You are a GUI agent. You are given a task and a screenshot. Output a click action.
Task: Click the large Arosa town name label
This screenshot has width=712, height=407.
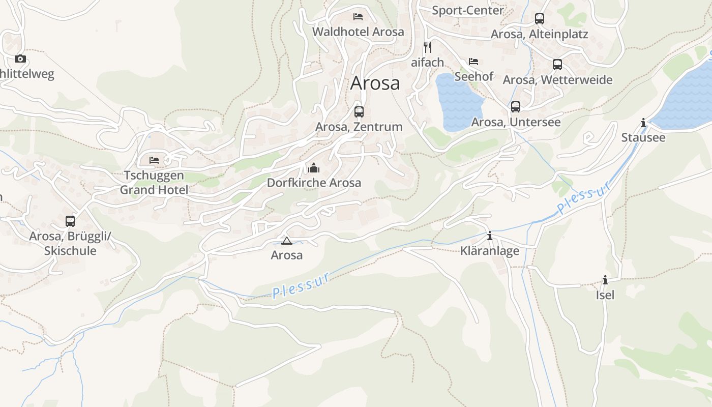pos(375,83)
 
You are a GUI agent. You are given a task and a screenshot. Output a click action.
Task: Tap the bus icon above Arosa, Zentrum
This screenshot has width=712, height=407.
pos(359,111)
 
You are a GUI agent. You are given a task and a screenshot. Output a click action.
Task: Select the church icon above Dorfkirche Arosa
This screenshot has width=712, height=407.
pos(314,167)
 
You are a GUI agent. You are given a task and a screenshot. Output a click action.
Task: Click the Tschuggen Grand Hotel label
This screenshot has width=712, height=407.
pos(154,183)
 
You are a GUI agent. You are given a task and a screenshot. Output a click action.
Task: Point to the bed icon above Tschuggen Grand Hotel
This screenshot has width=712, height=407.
pos(154,160)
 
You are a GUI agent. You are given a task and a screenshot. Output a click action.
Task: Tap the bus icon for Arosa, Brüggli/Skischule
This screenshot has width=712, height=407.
pos(70,221)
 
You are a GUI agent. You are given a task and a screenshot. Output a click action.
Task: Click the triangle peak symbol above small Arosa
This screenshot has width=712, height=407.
pos(287,241)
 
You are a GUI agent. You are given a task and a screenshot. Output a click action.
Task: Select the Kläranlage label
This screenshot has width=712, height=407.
pos(490,251)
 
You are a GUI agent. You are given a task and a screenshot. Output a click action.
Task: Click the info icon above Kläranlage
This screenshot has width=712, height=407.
pos(490,236)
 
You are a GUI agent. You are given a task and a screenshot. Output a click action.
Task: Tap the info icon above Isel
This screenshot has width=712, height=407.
pos(605,280)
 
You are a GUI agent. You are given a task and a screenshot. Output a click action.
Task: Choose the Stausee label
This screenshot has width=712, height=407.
pos(643,138)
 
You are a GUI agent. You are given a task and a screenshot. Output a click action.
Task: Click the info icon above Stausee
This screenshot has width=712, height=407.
pos(643,123)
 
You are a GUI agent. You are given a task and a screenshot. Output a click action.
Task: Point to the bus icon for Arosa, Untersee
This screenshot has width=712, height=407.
pos(516,107)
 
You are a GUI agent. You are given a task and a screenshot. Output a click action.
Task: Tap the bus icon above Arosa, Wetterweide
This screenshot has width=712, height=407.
pos(557,65)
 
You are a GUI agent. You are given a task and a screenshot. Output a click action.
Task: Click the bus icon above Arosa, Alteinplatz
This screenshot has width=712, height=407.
pos(540,19)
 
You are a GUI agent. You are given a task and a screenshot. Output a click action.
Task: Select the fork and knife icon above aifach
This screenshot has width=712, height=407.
pos(428,47)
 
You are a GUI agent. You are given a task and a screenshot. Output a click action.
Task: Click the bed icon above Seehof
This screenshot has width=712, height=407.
pos(473,62)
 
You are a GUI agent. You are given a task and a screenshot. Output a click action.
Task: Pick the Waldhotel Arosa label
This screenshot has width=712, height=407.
pos(358,32)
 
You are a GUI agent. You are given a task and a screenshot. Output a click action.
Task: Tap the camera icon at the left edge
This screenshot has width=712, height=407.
pos(20,59)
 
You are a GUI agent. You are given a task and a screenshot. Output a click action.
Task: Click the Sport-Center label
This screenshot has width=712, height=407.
pos(468,10)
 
